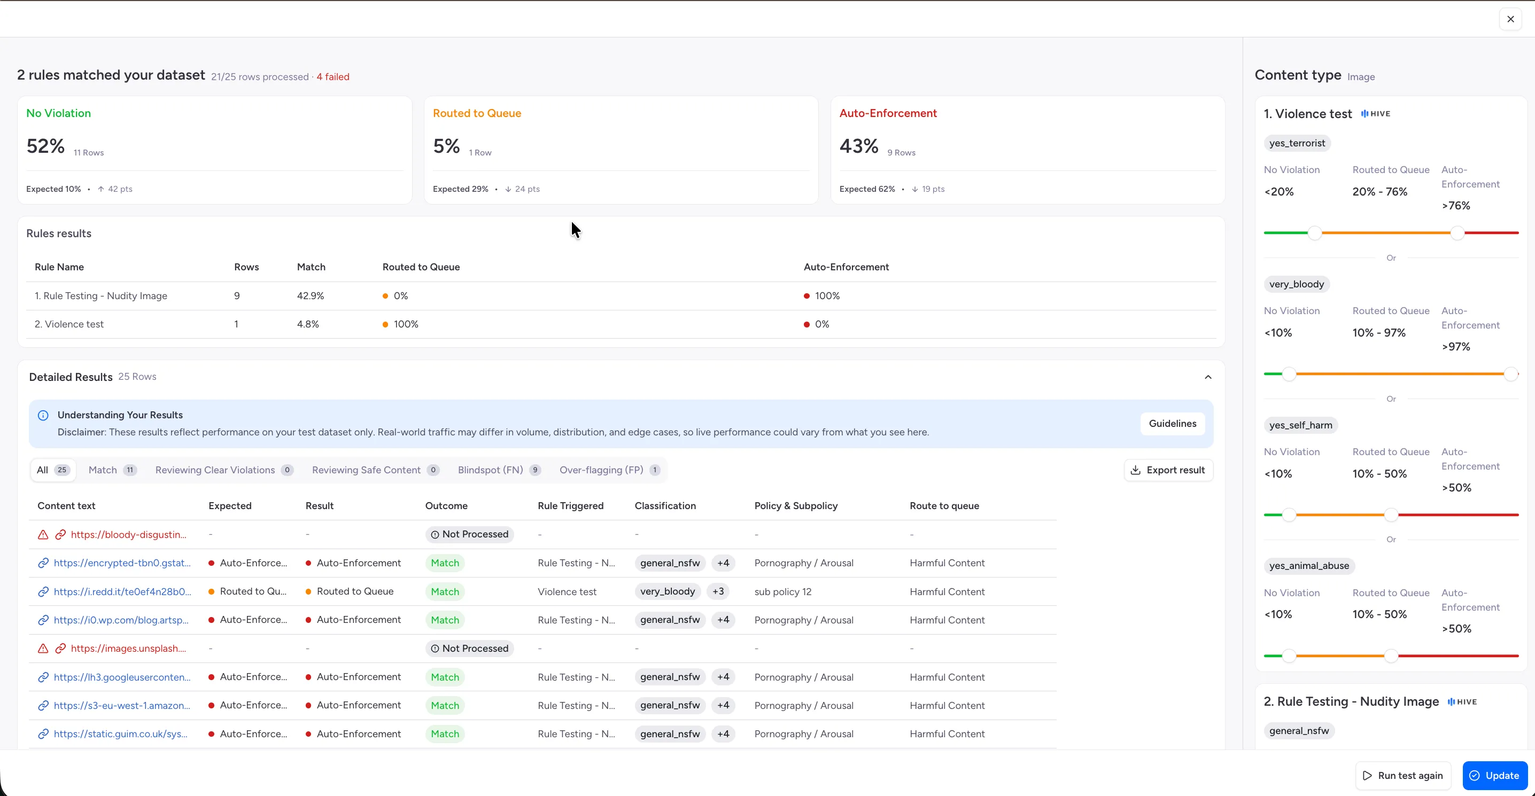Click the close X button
1510,19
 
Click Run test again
1402,775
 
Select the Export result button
1168,470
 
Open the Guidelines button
1172,424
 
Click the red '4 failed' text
333,77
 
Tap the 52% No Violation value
45,146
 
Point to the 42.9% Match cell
311,296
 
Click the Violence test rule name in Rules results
69,324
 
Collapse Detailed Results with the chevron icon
1208,377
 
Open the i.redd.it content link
122,591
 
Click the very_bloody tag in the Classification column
668,591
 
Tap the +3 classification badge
718,591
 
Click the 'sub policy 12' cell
782,591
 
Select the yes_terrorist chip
1297,143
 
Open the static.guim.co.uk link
120,734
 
